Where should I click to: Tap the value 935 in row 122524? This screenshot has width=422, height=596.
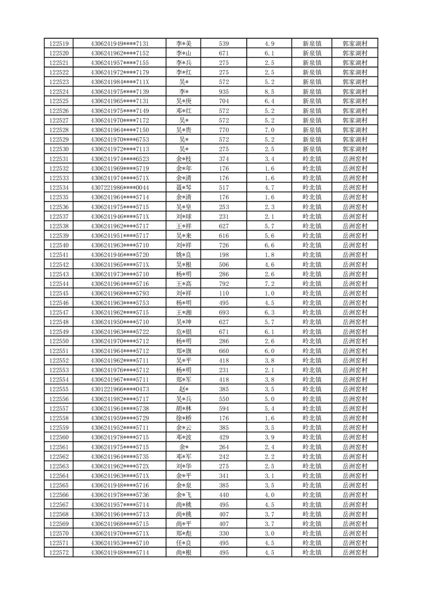224,91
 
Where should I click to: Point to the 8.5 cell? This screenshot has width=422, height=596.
269,91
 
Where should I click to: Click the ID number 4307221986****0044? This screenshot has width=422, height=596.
120,188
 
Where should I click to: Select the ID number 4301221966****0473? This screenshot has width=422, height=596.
120,389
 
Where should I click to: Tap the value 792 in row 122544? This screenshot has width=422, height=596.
224,284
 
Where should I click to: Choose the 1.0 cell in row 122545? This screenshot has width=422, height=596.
269,293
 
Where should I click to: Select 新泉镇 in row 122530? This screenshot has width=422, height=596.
311,149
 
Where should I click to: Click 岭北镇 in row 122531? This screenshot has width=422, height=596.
311,159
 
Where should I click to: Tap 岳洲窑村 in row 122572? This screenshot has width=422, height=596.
355,552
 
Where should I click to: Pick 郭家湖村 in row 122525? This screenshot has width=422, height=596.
355,101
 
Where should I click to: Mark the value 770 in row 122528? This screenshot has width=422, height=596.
224,130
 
